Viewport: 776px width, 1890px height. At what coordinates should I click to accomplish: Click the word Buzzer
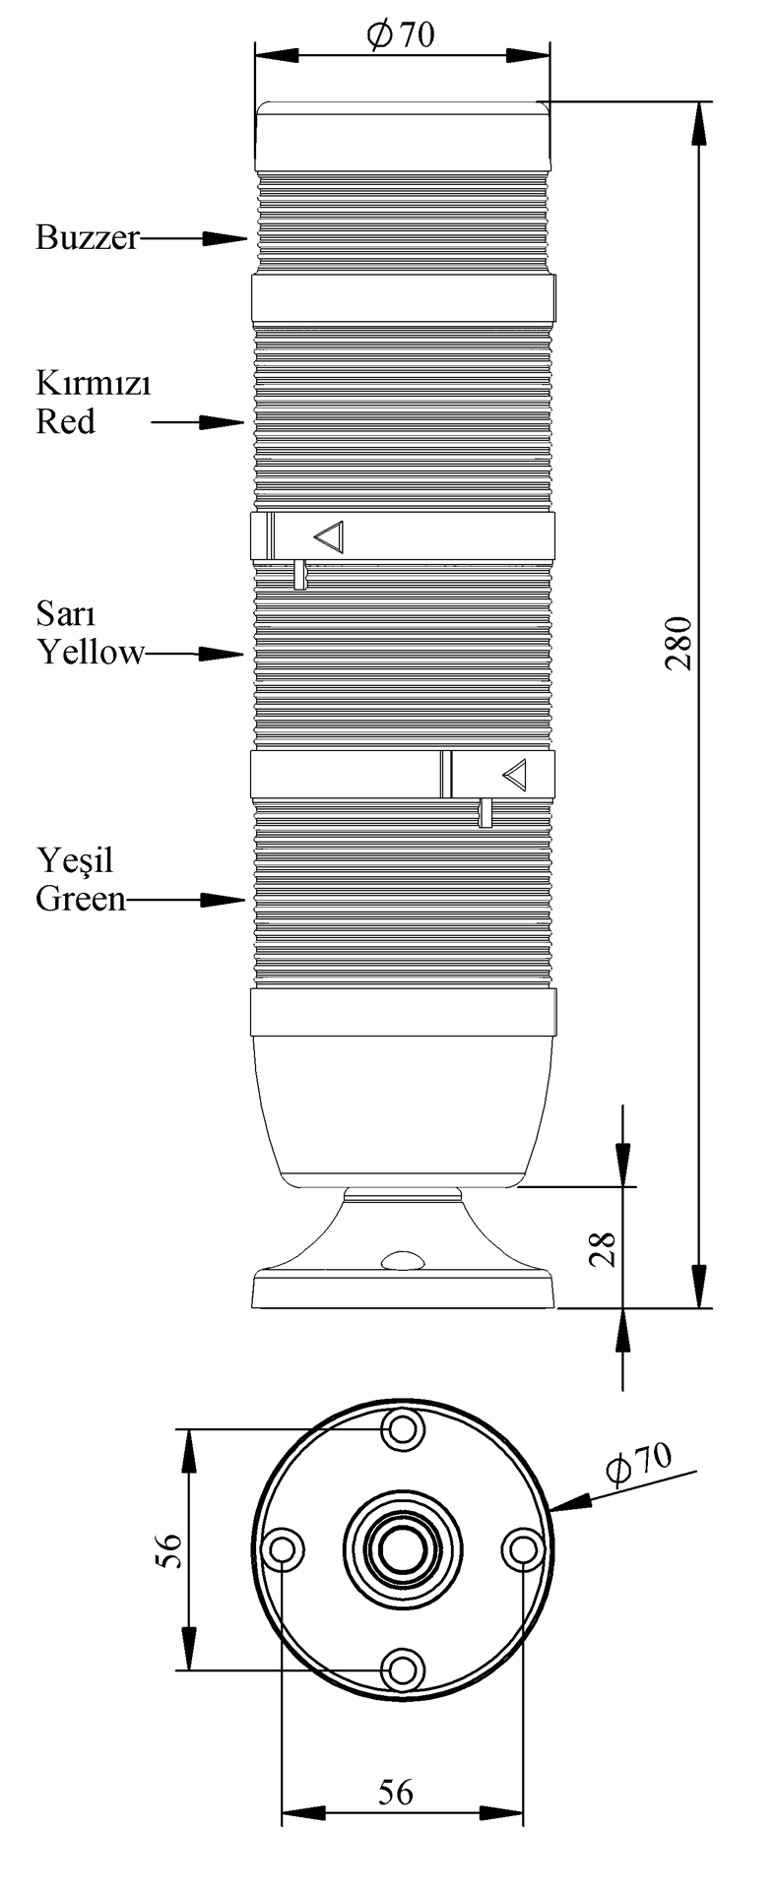pos(88,237)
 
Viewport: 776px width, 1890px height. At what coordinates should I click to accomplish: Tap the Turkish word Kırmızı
pos(94,383)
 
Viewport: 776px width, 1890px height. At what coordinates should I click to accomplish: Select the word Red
pos(66,421)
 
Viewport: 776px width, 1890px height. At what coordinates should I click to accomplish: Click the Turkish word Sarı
pos(66,614)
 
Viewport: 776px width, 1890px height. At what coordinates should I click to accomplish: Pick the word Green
pos(82,898)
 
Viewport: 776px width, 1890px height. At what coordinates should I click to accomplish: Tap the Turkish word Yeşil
pos(75,860)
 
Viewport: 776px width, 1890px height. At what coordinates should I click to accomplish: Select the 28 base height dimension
pos(605,1248)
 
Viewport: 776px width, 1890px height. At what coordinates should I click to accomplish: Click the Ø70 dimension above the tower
pos(401,35)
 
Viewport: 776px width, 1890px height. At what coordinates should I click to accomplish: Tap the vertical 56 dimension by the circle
pos(169,1551)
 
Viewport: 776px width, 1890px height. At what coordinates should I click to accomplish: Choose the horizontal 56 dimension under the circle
pos(396,1793)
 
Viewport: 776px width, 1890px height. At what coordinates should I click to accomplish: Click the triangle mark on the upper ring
pos(329,536)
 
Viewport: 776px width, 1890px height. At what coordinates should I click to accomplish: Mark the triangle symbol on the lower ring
pos(515,775)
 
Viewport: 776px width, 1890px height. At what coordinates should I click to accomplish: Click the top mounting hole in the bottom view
pos(402,1427)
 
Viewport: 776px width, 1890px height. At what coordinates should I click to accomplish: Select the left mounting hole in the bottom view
pos(283,1548)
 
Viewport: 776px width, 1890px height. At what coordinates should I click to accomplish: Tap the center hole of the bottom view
pos(402,1548)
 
